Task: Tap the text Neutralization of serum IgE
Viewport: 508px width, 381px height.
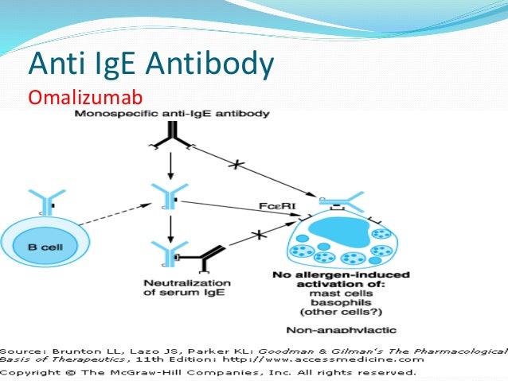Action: pos(187,288)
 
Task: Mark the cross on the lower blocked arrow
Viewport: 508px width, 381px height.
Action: pos(258,236)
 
